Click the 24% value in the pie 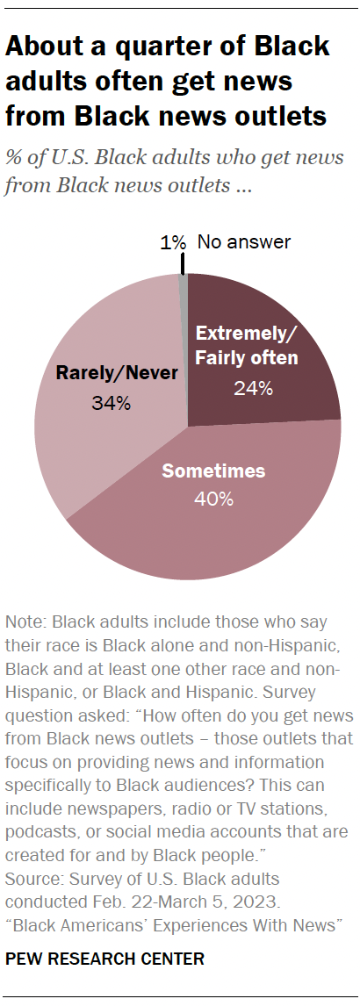point(252,388)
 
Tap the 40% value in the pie point(214,499)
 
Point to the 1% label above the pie point(172,241)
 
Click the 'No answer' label point(243,241)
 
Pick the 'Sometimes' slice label point(213,471)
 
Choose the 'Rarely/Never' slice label point(117,374)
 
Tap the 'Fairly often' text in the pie point(247,357)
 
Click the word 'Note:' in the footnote point(26,622)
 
